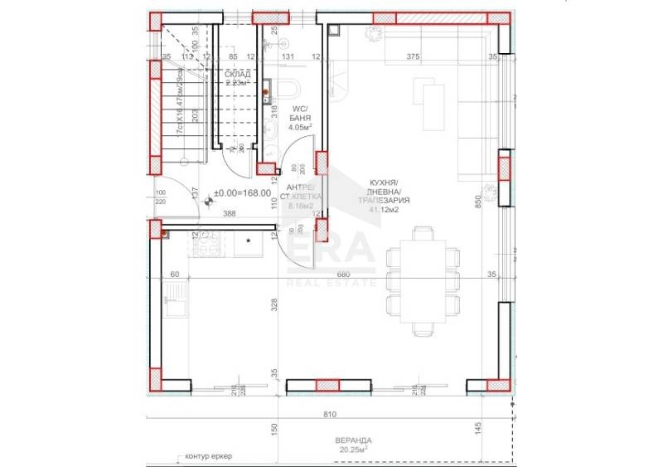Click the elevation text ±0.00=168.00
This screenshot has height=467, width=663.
point(244,194)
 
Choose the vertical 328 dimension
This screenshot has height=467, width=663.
point(273,305)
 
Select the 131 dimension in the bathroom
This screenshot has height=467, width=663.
point(288,57)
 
